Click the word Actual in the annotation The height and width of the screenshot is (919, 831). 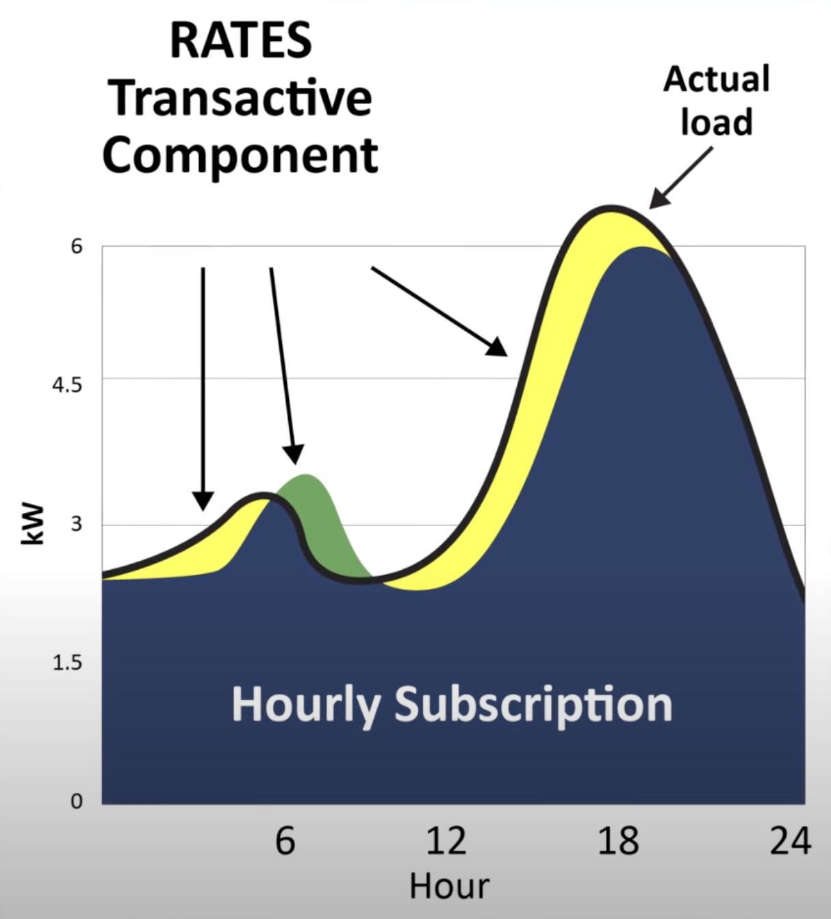coord(717,79)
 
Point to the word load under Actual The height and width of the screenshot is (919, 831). coord(717,121)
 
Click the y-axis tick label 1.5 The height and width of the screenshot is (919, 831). coord(67,663)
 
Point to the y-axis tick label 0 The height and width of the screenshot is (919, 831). coord(76,801)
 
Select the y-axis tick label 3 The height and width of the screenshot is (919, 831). coord(76,523)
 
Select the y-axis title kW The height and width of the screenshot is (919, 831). coord(33,525)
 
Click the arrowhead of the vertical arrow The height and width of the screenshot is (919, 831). coord(203,501)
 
